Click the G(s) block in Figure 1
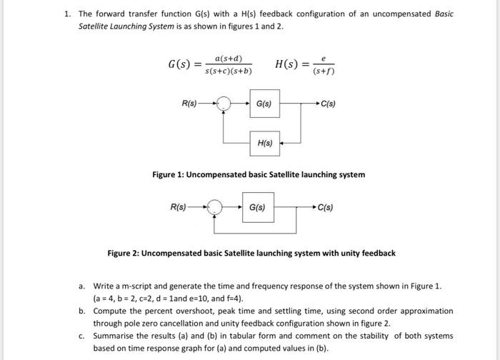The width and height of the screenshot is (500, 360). point(264,104)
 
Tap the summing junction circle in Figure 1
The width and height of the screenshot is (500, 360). point(226,104)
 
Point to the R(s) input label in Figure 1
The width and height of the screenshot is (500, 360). point(190,104)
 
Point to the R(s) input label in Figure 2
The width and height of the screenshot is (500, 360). point(179,207)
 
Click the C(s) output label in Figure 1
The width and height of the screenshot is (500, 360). point(329,104)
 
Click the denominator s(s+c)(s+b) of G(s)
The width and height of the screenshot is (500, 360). point(228,71)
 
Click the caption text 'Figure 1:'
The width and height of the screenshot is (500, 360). point(169,174)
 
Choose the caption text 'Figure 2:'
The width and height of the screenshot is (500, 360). point(124,253)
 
